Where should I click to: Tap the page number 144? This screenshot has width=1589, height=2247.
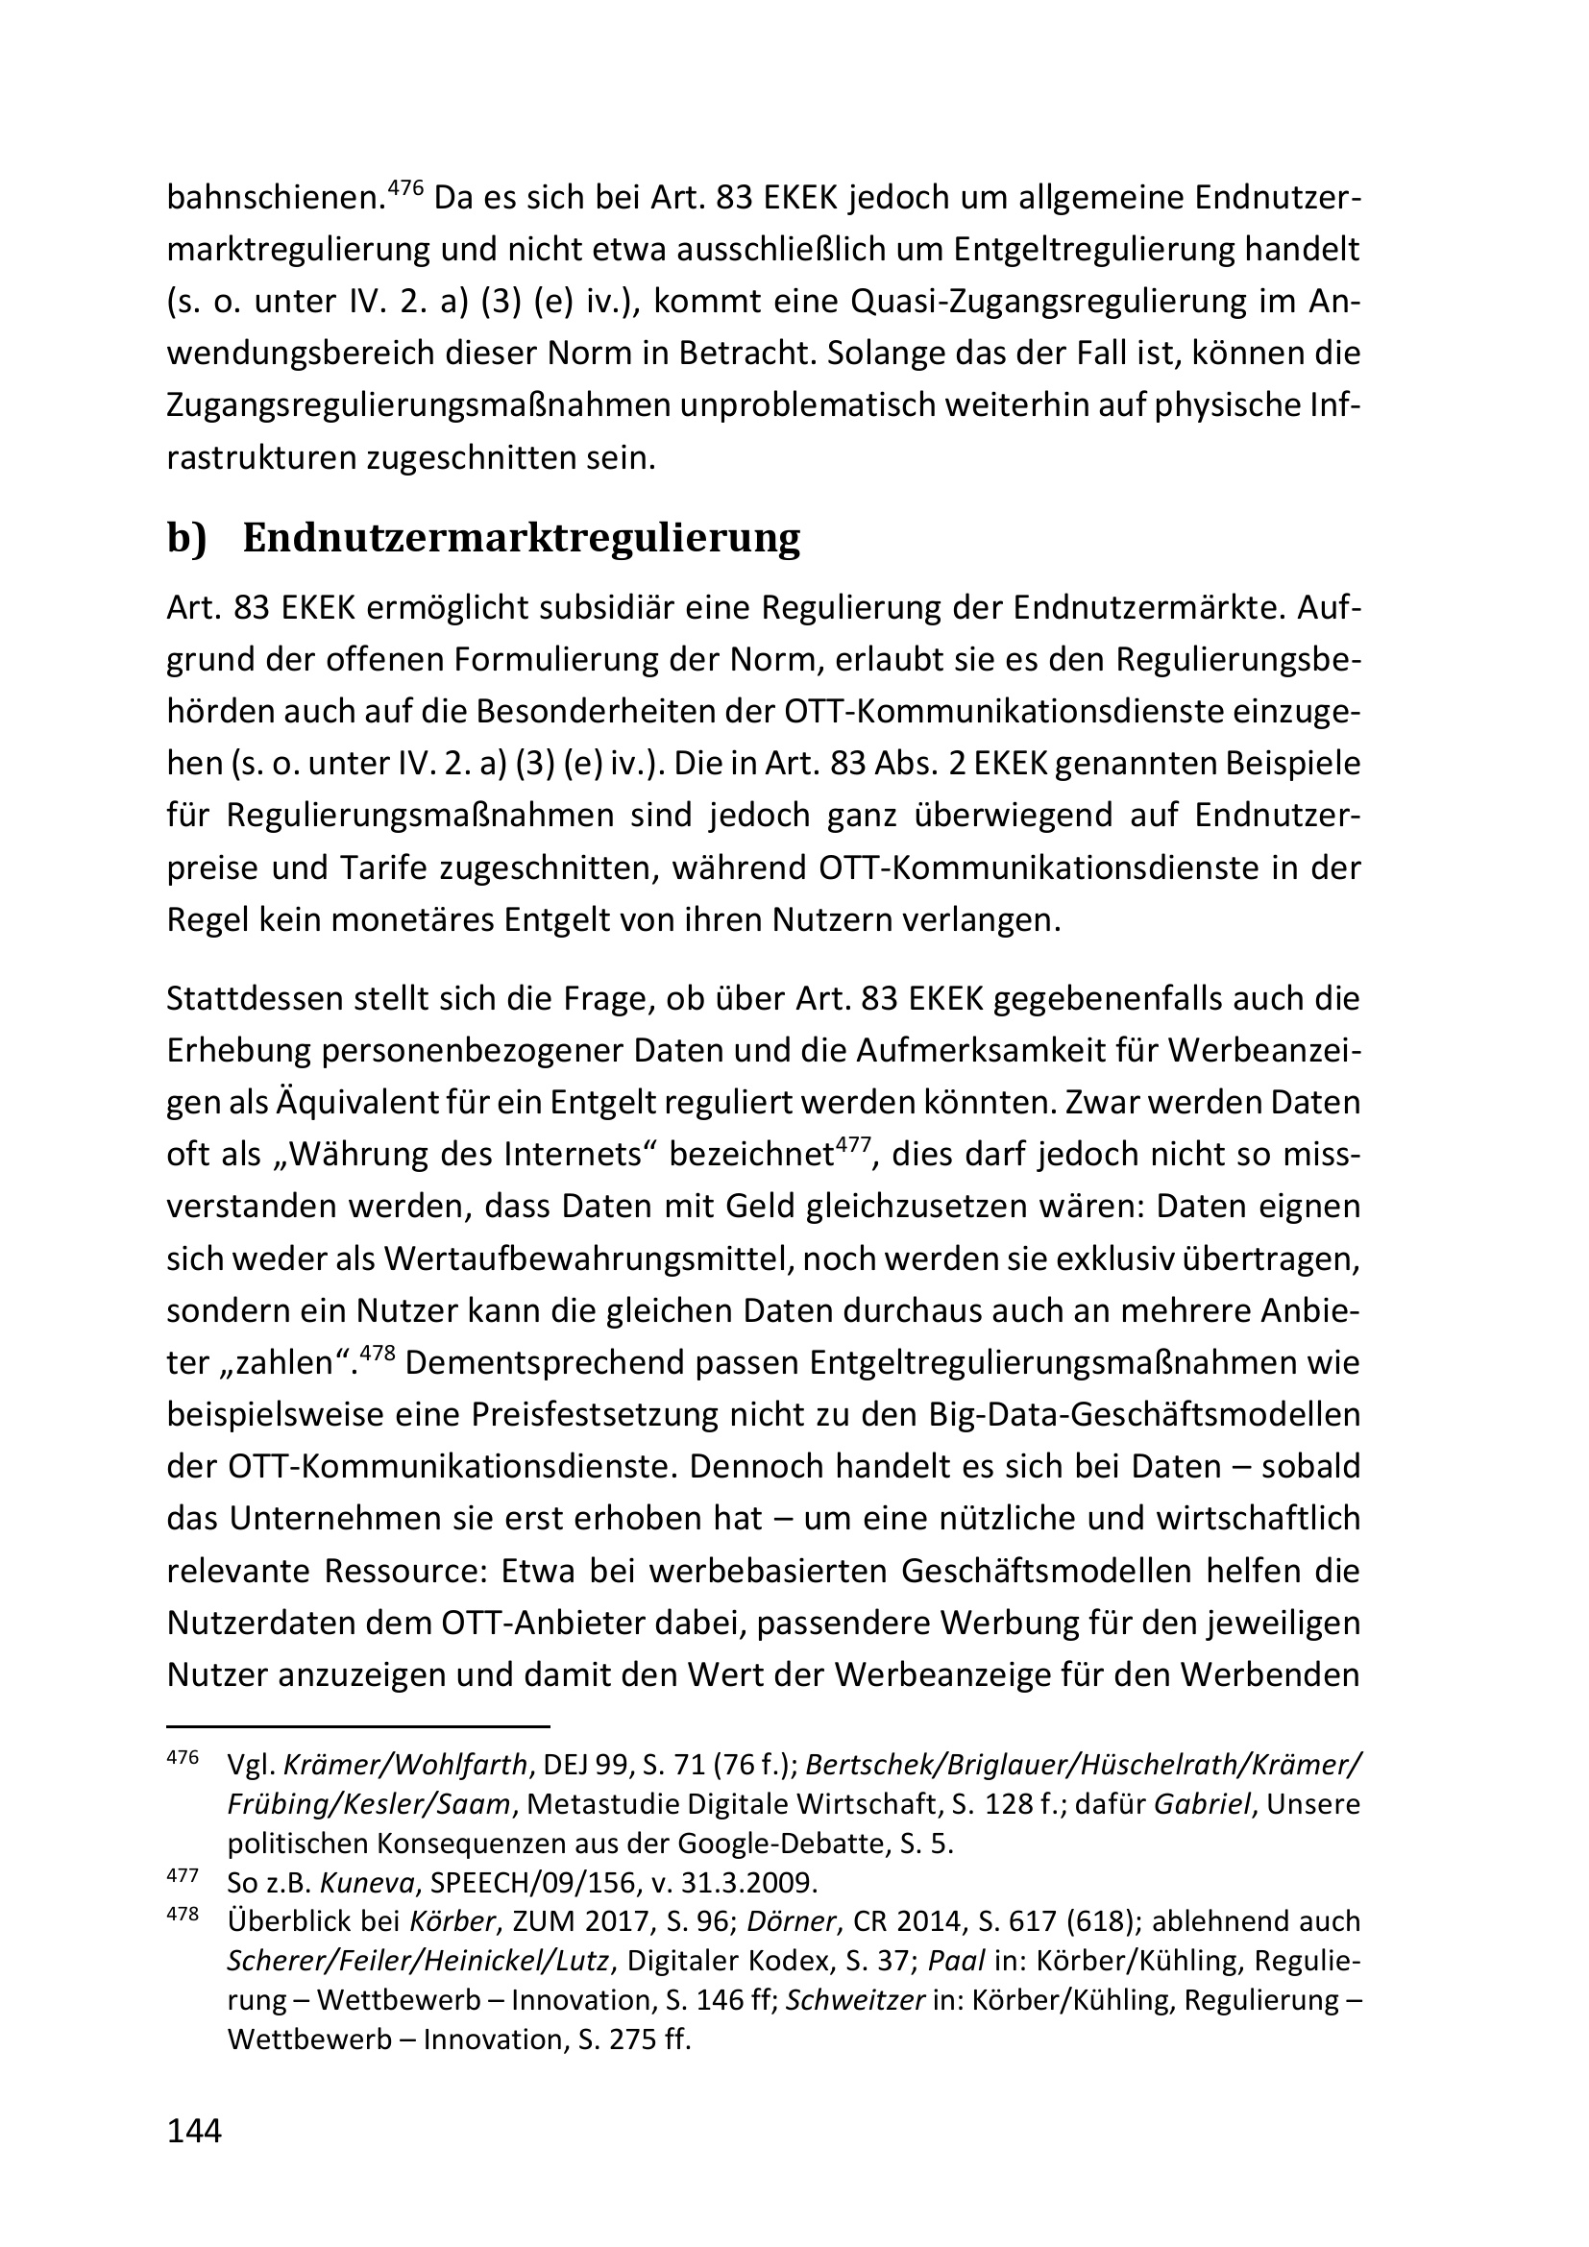(195, 2131)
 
